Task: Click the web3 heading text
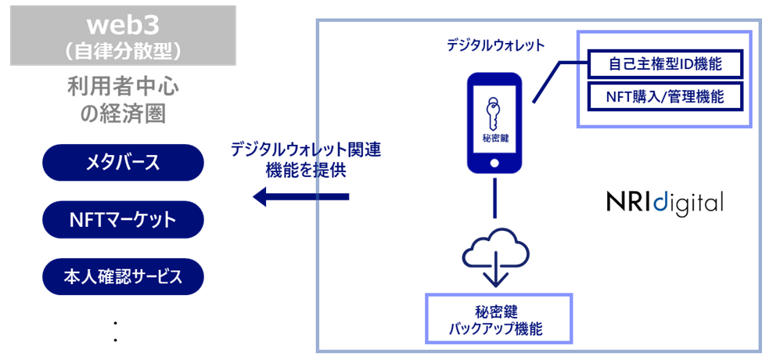[x=123, y=22]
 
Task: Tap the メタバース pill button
[x=123, y=163]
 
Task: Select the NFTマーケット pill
[x=123, y=220]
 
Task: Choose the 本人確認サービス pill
[x=123, y=277]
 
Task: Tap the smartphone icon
[x=494, y=123]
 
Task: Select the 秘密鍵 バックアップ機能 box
[x=498, y=319]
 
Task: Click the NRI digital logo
[x=664, y=202]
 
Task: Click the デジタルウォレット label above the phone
[x=494, y=45]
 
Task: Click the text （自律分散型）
[x=123, y=49]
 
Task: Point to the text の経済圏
[x=123, y=114]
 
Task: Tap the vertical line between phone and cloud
[x=494, y=198]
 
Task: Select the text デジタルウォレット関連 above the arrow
[x=306, y=150]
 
